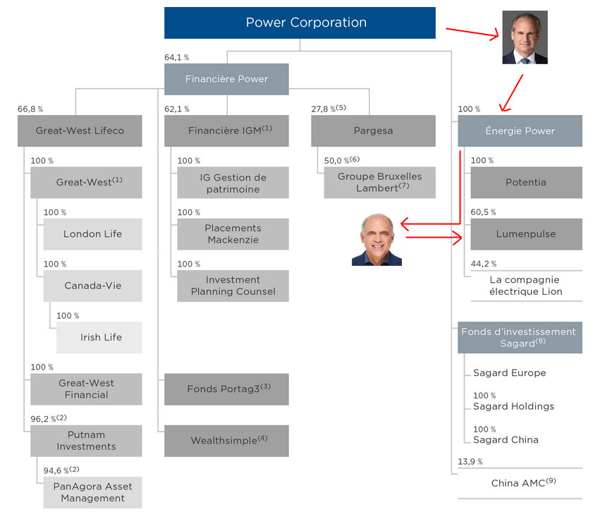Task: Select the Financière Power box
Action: coord(226,79)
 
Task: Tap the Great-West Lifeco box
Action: coord(80,130)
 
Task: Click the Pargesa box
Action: coord(373,130)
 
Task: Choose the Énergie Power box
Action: coord(520,130)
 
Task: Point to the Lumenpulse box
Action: coord(526,234)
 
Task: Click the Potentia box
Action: coord(526,182)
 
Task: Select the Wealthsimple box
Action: coord(226,441)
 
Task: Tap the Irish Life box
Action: coord(100,337)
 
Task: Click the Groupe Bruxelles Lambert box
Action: coord(379,182)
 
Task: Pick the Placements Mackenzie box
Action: coord(233,234)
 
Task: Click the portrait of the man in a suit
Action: coord(525,37)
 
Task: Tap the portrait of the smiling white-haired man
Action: coord(377,240)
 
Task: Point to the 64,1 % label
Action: coord(176,57)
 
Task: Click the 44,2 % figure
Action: coord(484,264)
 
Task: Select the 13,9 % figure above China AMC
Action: coord(470,461)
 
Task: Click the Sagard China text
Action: coord(506,439)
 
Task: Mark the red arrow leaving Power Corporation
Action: coord(471,32)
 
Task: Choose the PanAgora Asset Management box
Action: coord(92,492)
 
